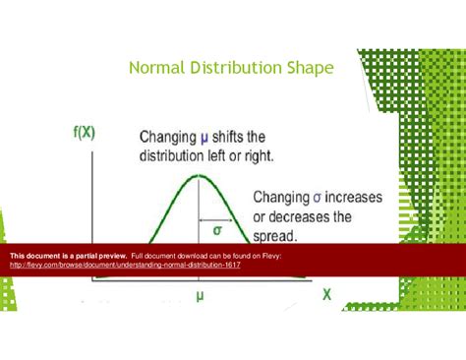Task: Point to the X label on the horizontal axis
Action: point(326,294)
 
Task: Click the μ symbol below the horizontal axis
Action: point(200,294)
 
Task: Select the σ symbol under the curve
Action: point(217,230)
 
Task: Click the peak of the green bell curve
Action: point(200,177)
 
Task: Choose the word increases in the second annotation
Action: point(358,197)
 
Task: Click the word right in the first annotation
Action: point(261,155)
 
